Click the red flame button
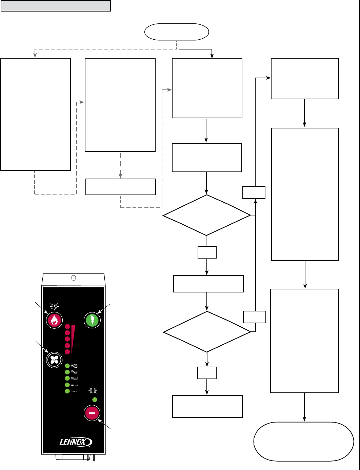pos(54,320)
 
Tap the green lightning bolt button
pos(92,320)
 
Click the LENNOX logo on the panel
pos(76,442)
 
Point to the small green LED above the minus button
pos(95,400)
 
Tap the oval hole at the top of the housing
pos(74,278)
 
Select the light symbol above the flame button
pos(54,307)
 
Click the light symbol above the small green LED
pos(93,391)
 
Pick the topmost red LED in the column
pos(67,327)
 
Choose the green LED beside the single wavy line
pos(67,391)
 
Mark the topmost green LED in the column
pos(67,366)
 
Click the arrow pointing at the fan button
pos(42,347)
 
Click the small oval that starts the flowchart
pos(177,32)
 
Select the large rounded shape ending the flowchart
pos(304,441)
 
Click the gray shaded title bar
pos(56,6)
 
